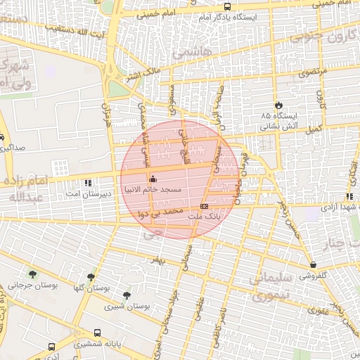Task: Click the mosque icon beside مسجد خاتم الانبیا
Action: (x=154, y=178)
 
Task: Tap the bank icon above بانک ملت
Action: (x=204, y=206)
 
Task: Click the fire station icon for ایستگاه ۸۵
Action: (x=280, y=103)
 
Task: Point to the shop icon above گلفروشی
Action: (x=312, y=264)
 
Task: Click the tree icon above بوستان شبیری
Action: (x=127, y=295)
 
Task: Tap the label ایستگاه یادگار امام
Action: (x=225, y=16)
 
